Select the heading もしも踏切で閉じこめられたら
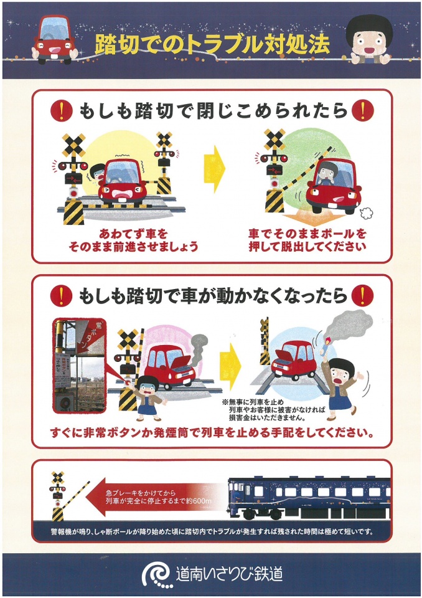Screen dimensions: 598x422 212,112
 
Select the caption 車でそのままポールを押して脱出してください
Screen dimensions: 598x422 307,240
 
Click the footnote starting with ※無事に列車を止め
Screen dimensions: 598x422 272,410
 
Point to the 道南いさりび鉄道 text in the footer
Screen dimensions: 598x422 229,574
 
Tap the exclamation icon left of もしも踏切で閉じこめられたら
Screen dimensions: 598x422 62,112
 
